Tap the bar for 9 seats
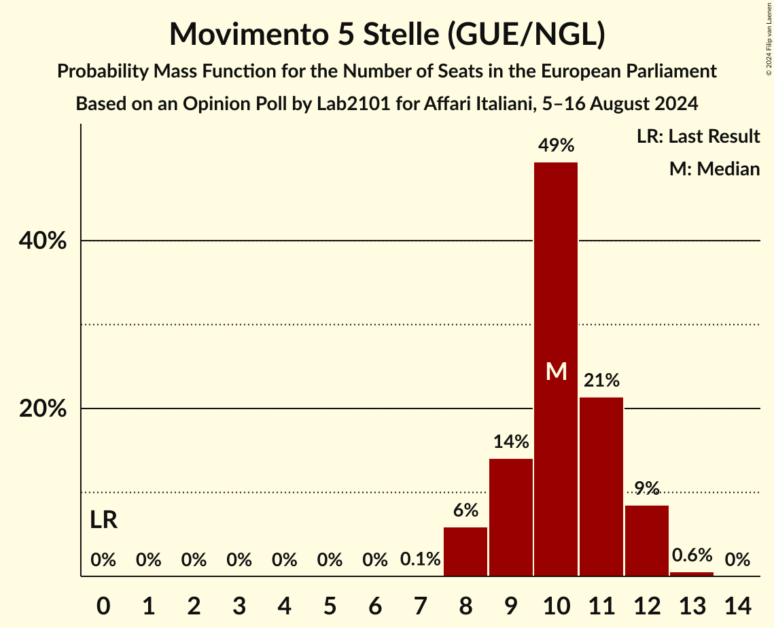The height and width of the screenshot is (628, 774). click(511, 517)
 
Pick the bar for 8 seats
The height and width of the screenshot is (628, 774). click(465, 551)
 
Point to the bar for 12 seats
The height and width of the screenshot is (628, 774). click(647, 540)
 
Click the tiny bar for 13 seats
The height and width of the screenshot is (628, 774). click(692, 574)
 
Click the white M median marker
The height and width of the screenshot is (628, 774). click(556, 371)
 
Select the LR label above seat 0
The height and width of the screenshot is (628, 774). click(103, 521)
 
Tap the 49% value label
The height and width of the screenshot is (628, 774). click(556, 145)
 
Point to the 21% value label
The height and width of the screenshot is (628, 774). click(601, 380)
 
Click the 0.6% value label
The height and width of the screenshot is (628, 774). click(692, 555)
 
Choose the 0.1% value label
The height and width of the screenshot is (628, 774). click(421, 560)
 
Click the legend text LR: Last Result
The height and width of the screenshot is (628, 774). click(698, 137)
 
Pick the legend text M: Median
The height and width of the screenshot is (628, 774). click(714, 169)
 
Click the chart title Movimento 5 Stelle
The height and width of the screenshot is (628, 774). click(387, 34)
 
